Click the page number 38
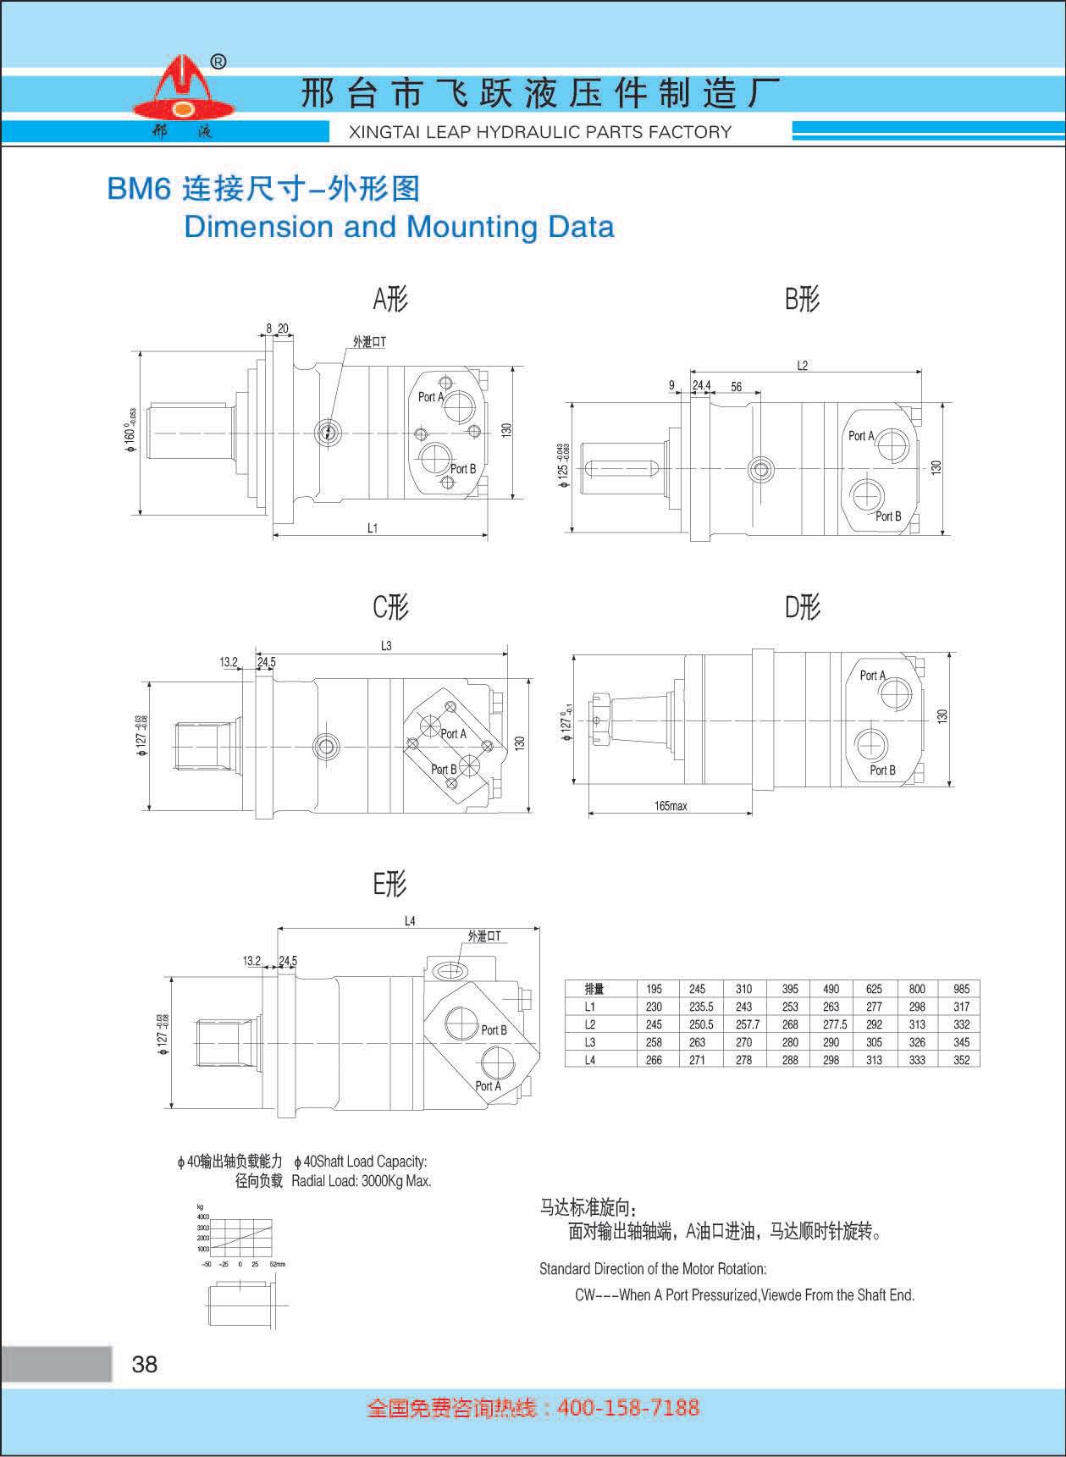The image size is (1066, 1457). (145, 1364)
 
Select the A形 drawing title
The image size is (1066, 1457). (390, 299)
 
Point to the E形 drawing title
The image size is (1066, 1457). (390, 885)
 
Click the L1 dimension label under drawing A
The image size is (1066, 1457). (373, 528)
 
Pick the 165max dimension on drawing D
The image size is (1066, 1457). (671, 806)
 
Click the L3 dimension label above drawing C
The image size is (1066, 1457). (386, 646)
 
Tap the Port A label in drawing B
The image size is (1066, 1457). (861, 436)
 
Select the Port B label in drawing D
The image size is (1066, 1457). (882, 770)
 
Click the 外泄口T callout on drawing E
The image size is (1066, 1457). (484, 936)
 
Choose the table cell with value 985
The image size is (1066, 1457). (961, 989)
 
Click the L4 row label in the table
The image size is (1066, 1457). (590, 1060)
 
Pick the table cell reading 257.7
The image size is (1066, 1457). (743, 1024)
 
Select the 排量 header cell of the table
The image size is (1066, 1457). (594, 989)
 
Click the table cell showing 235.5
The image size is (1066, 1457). (697, 1007)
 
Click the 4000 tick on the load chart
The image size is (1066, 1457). (203, 1217)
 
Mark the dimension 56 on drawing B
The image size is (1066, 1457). (737, 387)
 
